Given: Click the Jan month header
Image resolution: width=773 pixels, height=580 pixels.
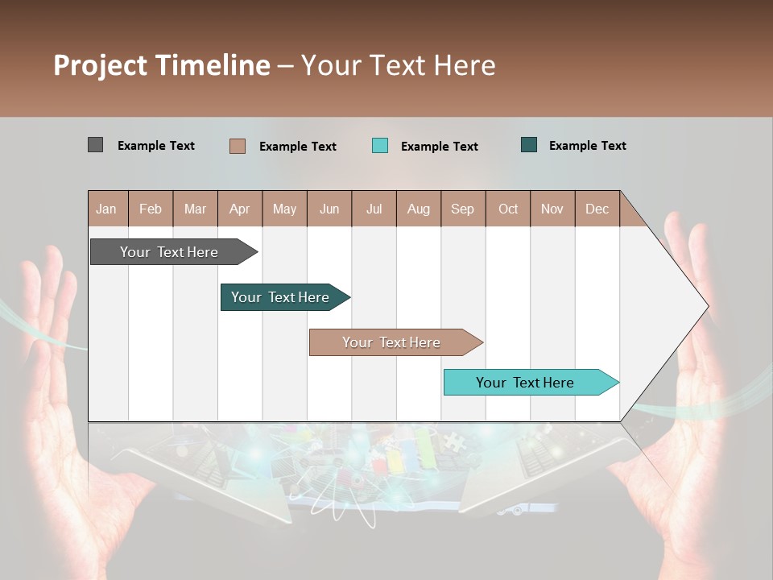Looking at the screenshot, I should (x=107, y=209).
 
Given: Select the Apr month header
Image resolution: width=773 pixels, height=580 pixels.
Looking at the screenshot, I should (x=240, y=209).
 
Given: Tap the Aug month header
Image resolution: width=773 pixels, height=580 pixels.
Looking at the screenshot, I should (x=419, y=209).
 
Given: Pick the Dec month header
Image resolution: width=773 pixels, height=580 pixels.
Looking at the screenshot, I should (x=597, y=209).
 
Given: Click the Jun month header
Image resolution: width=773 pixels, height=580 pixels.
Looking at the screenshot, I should (x=329, y=209).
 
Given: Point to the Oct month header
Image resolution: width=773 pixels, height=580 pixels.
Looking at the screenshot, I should (x=508, y=209).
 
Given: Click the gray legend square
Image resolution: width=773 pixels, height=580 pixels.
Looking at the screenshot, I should (x=95, y=145).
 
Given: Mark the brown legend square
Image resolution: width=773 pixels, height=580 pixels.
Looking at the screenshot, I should (x=237, y=146).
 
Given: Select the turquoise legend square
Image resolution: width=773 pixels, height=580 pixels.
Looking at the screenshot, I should (x=380, y=146).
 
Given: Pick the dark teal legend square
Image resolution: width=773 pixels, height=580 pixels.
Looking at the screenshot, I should (x=529, y=145).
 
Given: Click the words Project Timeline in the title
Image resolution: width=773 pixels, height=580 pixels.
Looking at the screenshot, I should (x=161, y=65).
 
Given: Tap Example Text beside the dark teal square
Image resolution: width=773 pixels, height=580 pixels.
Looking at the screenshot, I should (x=587, y=146).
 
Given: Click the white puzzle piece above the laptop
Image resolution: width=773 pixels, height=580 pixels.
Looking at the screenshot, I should (x=455, y=442).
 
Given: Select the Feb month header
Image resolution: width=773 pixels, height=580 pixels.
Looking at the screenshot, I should (x=151, y=209).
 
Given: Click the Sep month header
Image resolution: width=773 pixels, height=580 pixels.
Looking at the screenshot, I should (x=462, y=209).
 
